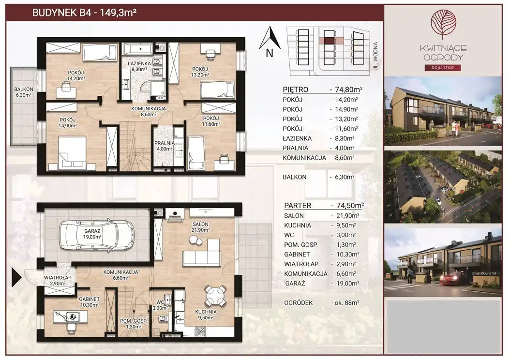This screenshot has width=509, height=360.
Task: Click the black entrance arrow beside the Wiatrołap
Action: pyautogui.click(x=16, y=277)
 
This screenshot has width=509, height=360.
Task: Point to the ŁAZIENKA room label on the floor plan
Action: pyautogui.click(x=139, y=63)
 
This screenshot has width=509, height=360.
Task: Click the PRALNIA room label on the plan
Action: pyautogui.click(x=165, y=143)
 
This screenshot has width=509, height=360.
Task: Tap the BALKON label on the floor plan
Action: pyautogui.click(x=23, y=89)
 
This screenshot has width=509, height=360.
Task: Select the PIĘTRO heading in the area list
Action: pyautogui.click(x=296, y=90)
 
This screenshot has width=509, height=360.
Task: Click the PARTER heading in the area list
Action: pyautogui.click(x=298, y=206)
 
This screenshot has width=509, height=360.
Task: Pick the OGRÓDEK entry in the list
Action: pyautogui.click(x=299, y=303)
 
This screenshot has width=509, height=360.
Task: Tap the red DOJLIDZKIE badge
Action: pyautogui.click(x=443, y=68)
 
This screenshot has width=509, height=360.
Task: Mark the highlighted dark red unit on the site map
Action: pyautogui.click(x=329, y=41)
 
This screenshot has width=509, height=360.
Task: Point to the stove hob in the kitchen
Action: pyautogui.click(x=200, y=331)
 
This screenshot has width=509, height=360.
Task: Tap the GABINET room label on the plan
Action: pyautogui.click(x=90, y=299)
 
